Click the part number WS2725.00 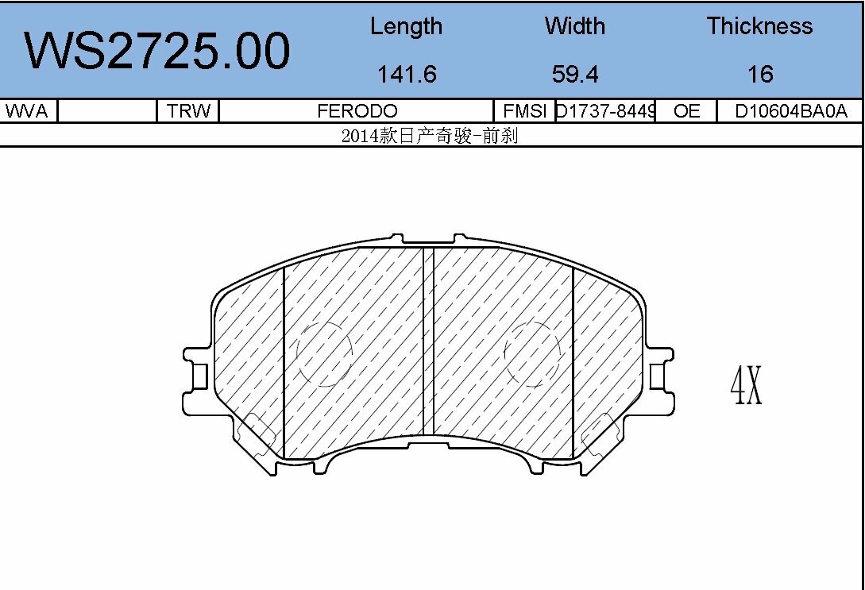point(157,52)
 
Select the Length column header point(406,26)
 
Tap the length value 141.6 point(407,74)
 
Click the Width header point(574,26)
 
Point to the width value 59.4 point(574,74)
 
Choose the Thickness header point(759,26)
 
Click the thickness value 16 point(759,74)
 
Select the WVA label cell point(27,111)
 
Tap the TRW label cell point(188,111)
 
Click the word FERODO point(357,111)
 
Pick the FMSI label point(523,111)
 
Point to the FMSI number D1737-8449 point(605,111)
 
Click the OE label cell point(686,111)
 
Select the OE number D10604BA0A point(790,111)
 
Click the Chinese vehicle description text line point(430,136)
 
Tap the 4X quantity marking point(746,386)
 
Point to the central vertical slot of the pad point(428,341)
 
